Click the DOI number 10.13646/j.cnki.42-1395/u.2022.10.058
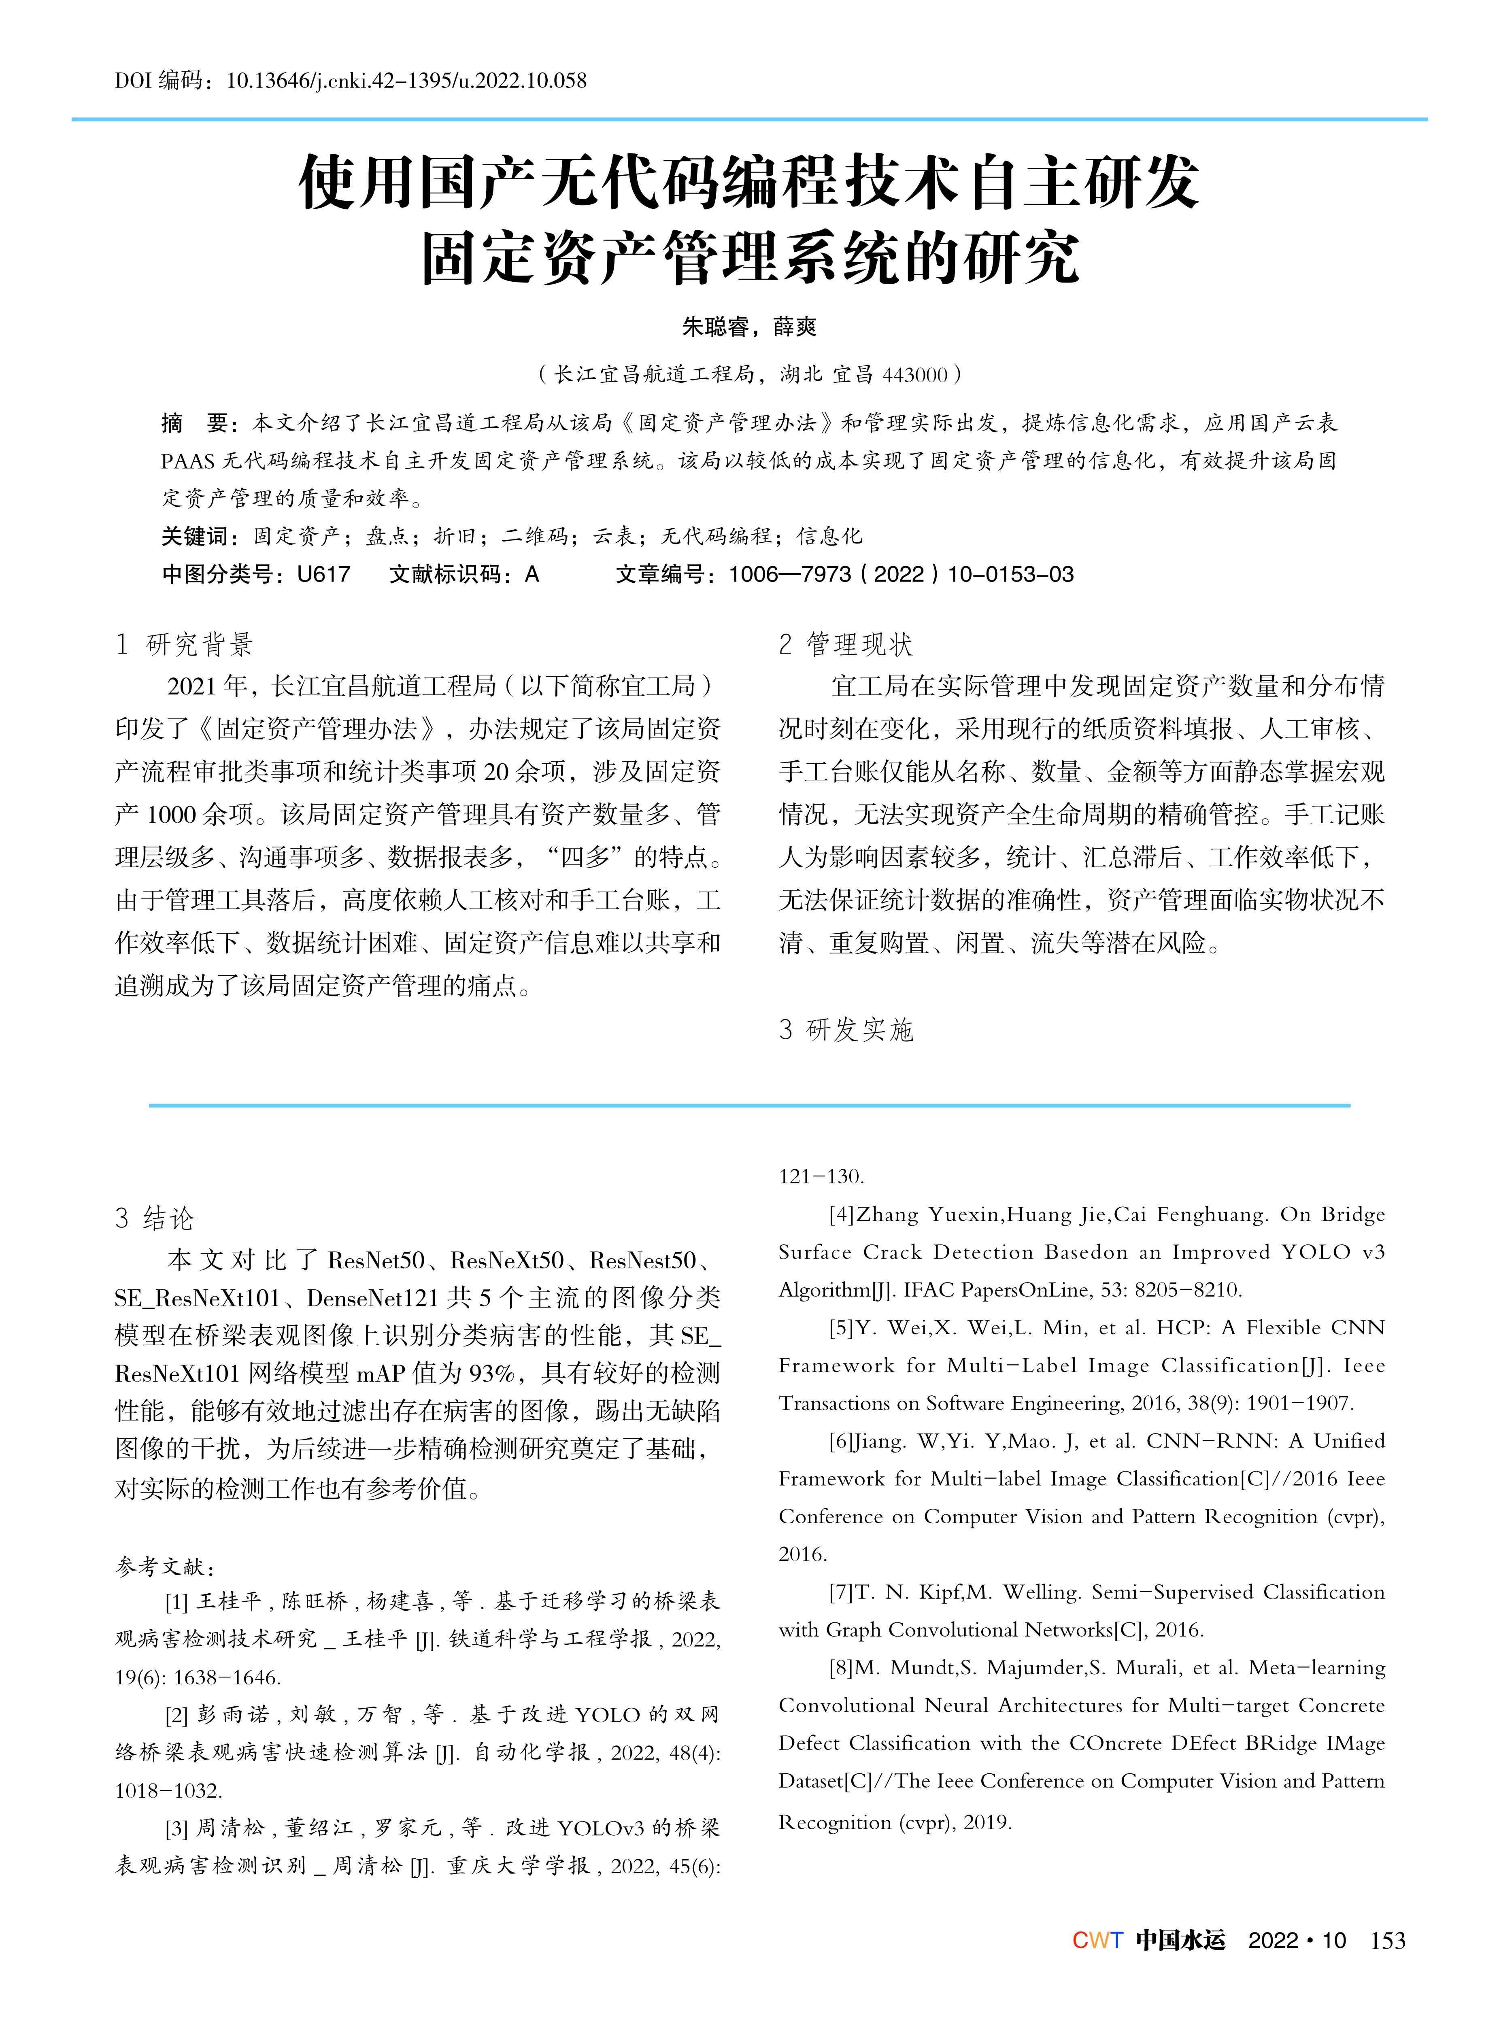click(x=406, y=81)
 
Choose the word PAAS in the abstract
click(x=188, y=461)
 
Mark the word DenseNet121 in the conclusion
click(x=372, y=1298)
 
